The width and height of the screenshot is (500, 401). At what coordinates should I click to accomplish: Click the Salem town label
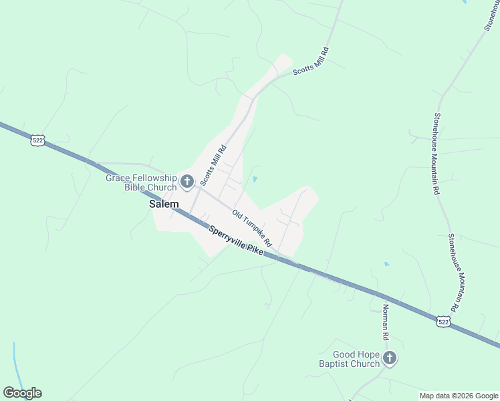163,205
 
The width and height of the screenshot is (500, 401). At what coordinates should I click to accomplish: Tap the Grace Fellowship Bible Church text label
141,182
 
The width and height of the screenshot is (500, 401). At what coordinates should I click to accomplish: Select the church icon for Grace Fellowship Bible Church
187,180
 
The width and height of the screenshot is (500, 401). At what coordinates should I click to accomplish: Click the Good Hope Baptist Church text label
356,359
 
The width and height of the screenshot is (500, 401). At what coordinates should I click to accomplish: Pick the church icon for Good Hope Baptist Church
390,359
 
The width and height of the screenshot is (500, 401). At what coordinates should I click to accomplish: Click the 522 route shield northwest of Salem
38,140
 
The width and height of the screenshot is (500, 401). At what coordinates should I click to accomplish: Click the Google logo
22,393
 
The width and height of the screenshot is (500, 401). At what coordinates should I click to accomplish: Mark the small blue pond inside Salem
255,179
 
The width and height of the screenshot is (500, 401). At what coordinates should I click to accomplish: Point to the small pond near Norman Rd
386,264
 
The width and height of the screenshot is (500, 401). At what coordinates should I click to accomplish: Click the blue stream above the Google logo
15,361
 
